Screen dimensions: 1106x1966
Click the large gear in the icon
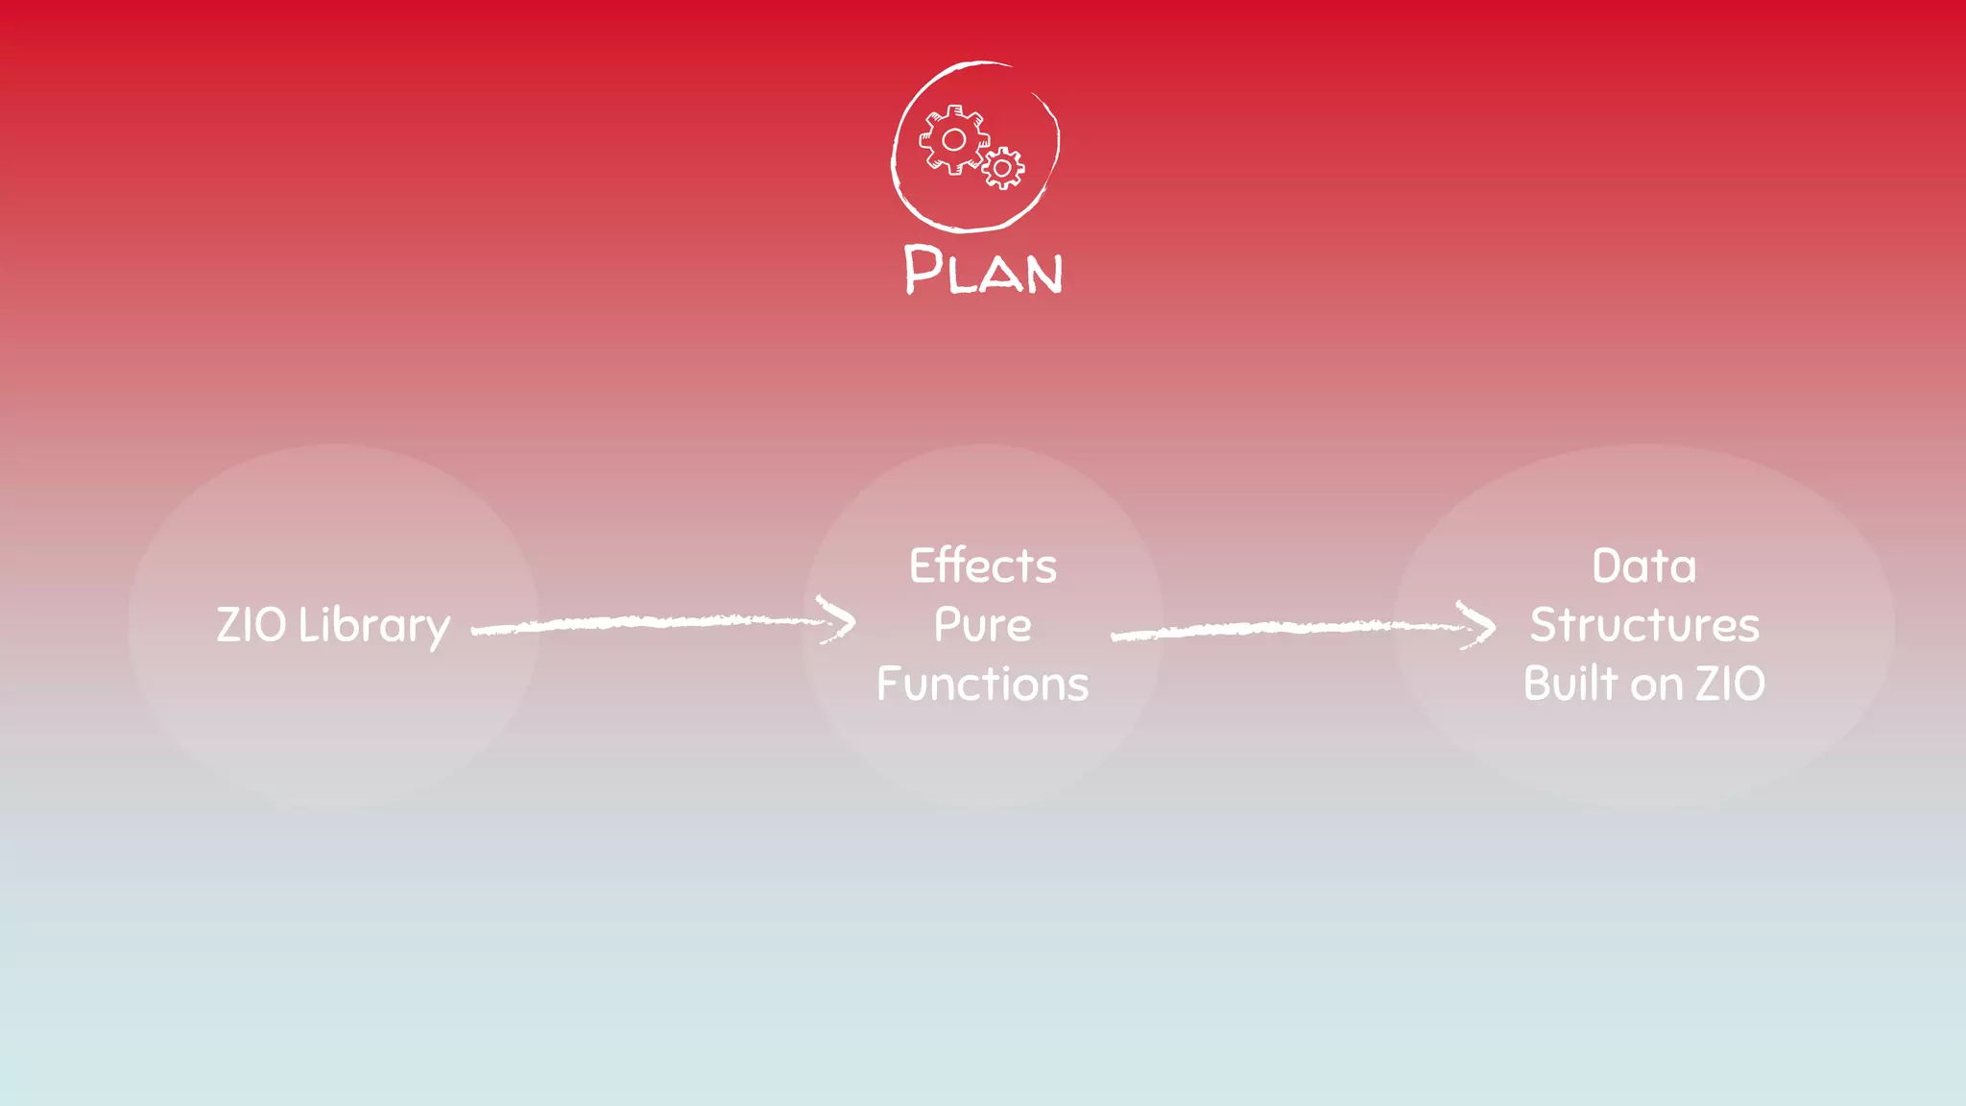click(953, 140)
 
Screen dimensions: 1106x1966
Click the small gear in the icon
click(1003, 169)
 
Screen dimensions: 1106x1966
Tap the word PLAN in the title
click(983, 270)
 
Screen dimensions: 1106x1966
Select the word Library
click(374, 627)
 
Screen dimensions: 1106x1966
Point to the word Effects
click(983, 565)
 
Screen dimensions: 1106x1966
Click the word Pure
click(983, 626)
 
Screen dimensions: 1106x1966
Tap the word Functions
click(983, 685)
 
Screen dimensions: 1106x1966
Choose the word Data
click(1644, 566)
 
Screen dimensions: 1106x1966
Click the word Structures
click(1644, 626)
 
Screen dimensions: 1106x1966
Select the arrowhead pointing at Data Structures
click(1479, 626)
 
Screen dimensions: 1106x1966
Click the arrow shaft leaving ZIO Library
click(643, 623)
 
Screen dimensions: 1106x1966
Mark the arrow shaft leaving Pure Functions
click(1277, 629)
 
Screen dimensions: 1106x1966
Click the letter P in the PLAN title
click(923, 268)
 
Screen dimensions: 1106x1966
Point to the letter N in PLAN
click(1043, 274)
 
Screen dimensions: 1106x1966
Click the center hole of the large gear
click(953, 140)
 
